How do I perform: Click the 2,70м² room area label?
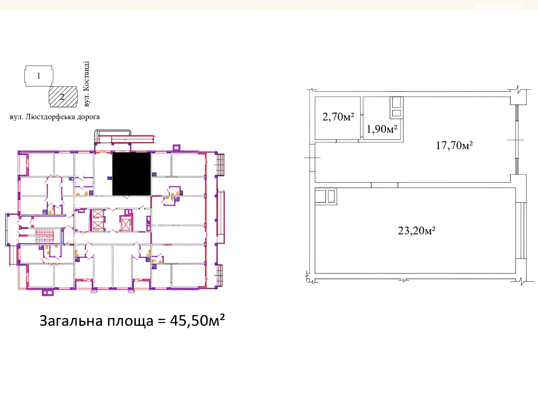pos(338,117)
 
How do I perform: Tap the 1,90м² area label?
pos(382,129)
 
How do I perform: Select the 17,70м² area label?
pos(454,145)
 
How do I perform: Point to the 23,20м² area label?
pos(416,231)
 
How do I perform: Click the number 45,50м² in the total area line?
pos(197,321)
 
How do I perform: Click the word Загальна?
pos(71,321)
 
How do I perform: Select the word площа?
pos(130,322)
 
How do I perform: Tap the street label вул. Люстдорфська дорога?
pos(55,117)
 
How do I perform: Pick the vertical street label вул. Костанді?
pos(86,84)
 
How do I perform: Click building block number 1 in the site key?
pos(39,76)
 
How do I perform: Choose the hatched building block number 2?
pos(63,97)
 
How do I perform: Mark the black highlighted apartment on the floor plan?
pos(131,174)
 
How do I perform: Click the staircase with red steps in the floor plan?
pos(45,236)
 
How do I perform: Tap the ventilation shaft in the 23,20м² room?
pos(326,196)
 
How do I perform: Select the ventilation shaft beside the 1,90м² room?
pos(396,108)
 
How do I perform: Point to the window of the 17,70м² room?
pos(517,140)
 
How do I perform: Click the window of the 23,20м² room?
pos(521,230)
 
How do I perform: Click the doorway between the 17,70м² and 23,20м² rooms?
pos(384,185)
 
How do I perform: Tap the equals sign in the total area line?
pos(162,321)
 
